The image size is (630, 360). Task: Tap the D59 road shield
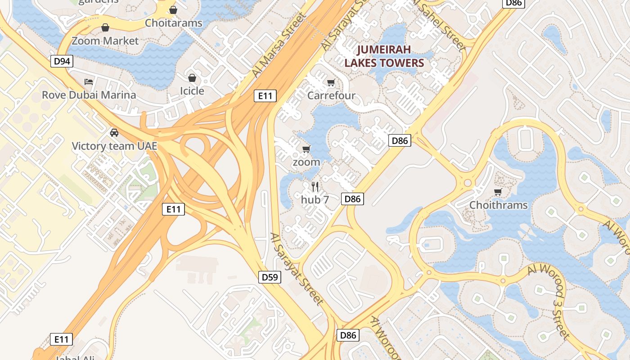270,277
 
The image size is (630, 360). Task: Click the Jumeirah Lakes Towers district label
384,56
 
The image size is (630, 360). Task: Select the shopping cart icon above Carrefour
331,82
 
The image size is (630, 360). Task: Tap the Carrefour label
331,95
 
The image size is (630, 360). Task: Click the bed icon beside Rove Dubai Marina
89,82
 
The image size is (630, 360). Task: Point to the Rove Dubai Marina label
89,95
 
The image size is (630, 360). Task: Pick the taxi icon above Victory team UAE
114,133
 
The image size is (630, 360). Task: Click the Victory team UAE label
114,146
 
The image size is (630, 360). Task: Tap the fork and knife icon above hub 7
315,186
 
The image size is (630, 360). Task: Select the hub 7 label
315,200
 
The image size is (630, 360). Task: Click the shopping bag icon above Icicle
192,78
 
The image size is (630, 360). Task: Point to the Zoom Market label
105,41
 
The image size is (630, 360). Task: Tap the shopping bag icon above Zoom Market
105,28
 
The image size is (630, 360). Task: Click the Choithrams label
498,205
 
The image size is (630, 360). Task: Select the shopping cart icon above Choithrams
498,192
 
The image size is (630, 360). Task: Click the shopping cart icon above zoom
306,149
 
